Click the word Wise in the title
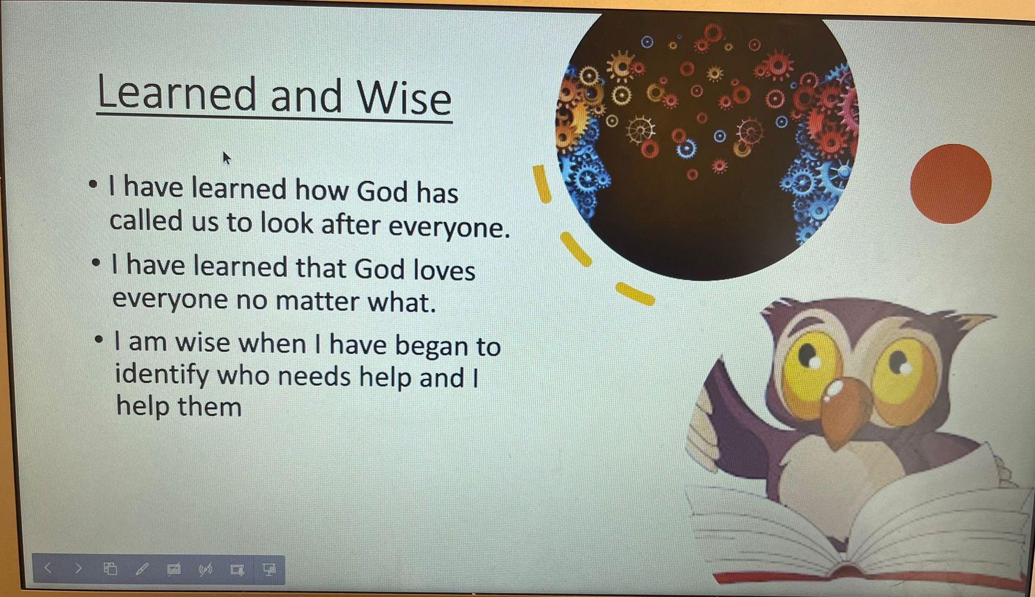(x=404, y=98)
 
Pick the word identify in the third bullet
(x=162, y=375)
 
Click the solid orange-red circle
(x=951, y=184)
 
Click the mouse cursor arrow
(x=227, y=158)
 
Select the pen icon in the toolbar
(x=142, y=569)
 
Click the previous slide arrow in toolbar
(x=48, y=568)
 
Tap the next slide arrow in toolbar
(x=79, y=568)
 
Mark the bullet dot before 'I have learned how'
(x=93, y=185)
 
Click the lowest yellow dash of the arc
(x=635, y=294)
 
